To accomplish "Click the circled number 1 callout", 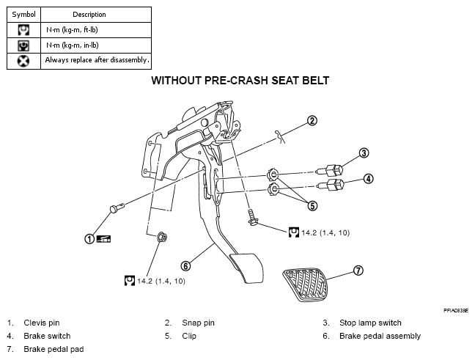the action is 89,239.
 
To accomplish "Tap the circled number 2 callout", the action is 312,120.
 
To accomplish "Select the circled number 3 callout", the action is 364,153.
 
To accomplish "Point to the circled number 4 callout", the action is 368,179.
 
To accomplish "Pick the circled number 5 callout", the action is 312,206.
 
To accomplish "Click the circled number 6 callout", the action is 185,266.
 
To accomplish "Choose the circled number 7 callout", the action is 358,270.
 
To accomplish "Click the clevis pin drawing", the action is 117,208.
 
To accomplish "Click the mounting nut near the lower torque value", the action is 162,237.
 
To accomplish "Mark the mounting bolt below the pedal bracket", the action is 251,217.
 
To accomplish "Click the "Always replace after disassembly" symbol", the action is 23,61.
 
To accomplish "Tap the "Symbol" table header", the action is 23,15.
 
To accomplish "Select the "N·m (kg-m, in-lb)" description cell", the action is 73,45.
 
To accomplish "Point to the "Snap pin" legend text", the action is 198,323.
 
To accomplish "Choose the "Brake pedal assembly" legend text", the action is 380,336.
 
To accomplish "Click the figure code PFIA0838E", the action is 456,311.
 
